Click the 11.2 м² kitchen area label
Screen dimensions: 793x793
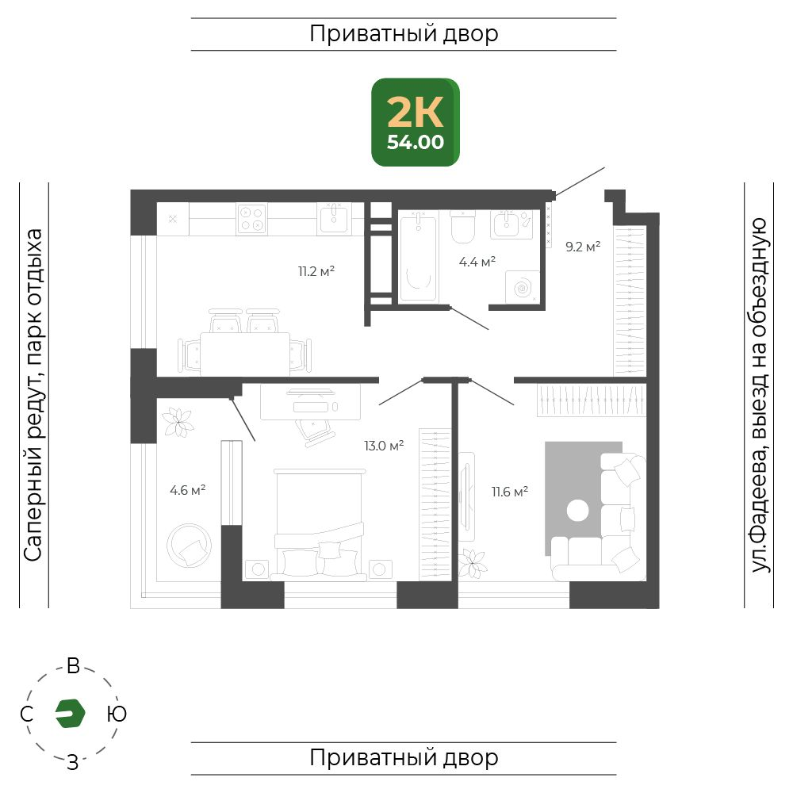[316, 271]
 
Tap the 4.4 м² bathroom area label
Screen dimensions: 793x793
[477, 262]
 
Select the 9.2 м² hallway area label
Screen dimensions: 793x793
[583, 247]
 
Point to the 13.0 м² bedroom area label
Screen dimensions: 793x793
[384, 446]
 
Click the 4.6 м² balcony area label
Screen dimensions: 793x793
[188, 490]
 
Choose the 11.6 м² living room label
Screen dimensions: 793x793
[510, 492]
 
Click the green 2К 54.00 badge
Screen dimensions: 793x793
[416, 122]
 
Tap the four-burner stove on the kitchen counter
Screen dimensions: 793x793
[251, 219]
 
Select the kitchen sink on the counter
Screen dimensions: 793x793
[334, 219]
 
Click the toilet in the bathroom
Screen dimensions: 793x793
[463, 227]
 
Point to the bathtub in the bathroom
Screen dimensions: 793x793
[418, 258]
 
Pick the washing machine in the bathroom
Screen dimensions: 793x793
[523, 287]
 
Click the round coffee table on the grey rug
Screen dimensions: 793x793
[577, 510]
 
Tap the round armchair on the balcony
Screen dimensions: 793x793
[190, 546]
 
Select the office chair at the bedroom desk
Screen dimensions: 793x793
[315, 431]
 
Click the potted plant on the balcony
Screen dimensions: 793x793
[178, 423]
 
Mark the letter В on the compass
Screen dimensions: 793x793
[73, 666]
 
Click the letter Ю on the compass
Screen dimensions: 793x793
[117, 714]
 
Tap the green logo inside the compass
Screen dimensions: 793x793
[71, 714]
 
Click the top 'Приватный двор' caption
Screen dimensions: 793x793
[404, 34]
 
